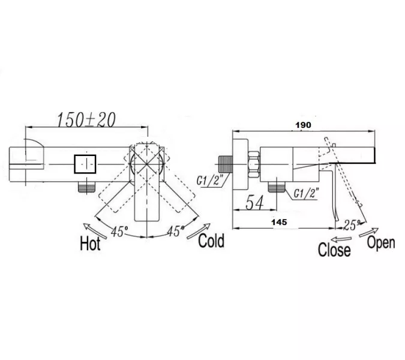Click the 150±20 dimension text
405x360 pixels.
86,120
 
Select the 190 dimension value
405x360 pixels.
303,125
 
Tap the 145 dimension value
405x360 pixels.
279,222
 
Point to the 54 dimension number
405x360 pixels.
254,202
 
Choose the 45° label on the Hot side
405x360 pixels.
119,232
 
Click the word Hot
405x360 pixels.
90,243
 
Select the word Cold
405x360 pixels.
211,241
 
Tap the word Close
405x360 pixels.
334,250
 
